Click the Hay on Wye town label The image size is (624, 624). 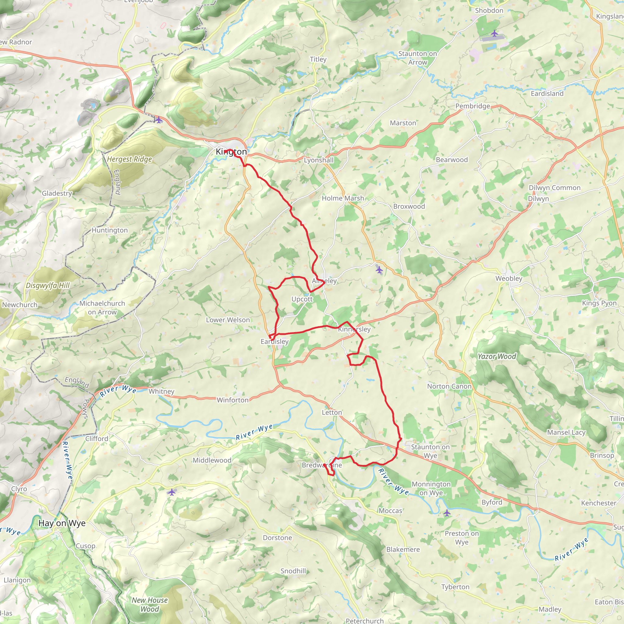tap(62, 523)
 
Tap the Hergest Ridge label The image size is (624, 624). tap(129, 159)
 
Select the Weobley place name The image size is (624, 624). tap(509, 278)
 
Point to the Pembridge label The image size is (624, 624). tap(473, 106)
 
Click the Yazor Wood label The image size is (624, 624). tap(497, 356)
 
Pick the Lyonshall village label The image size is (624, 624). tap(318, 160)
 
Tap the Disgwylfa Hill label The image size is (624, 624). tap(48, 285)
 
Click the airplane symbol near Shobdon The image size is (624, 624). tap(495, 33)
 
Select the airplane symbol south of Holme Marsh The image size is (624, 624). tap(379, 269)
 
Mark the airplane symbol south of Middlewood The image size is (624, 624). tap(172, 492)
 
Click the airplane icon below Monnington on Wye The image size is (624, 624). tap(447, 512)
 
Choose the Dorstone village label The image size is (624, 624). tap(277, 538)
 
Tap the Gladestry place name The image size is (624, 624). tap(57, 193)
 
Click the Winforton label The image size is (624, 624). tap(232, 400)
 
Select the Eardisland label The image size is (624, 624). tap(547, 94)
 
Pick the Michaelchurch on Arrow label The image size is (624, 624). tap(102, 308)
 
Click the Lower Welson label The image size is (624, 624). tap(228, 320)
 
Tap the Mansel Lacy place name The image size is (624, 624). tap(566, 432)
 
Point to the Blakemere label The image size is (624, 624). tap(403, 549)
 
